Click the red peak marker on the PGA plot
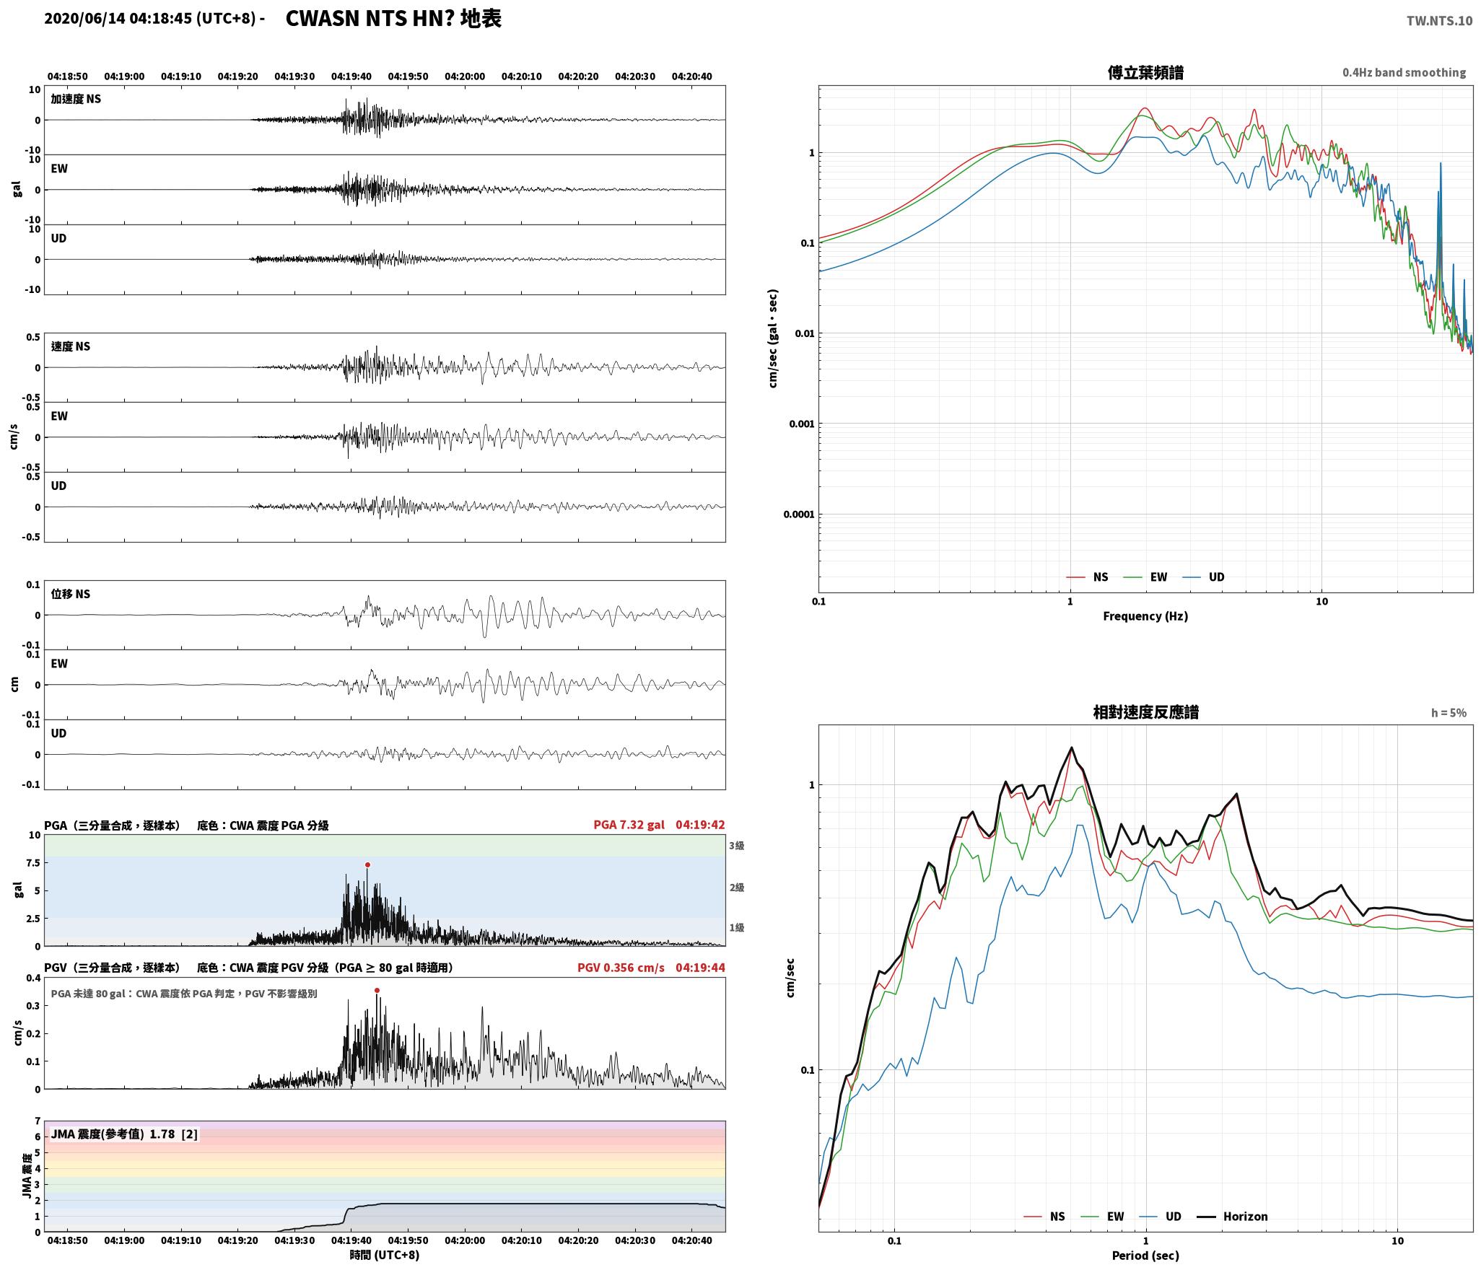[367, 864]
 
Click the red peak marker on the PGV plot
[377, 991]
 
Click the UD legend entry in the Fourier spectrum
[1203, 577]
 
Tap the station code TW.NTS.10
[1439, 21]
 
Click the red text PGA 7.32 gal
[629, 825]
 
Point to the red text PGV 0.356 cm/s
[621, 968]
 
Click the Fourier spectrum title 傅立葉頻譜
[1145, 73]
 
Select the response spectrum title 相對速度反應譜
[1145, 712]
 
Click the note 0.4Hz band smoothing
[1404, 73]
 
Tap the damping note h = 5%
[1449, 713]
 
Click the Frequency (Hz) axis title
[1145, 616]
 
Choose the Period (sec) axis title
[1145, 1256]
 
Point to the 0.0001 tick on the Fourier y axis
[799, 514]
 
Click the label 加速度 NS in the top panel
[76, 99]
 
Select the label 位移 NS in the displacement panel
[71, 594]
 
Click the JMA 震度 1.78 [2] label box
[124, 1134]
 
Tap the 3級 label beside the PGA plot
[736, 846]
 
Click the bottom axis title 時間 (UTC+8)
[385, 1255]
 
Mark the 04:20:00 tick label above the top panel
[465, 76]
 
